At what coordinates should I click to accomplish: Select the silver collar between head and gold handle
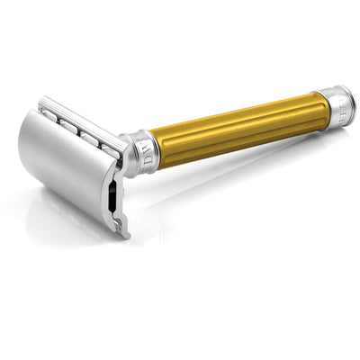tap(142, 150)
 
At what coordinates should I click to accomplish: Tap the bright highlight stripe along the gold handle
tap(238, 115)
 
